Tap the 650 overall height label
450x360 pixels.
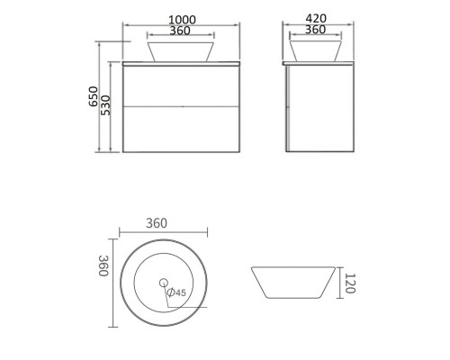pos(94,97)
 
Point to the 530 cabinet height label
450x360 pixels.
pos(105,107)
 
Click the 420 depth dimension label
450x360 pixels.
pos(314,17)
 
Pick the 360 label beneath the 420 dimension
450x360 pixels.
pos(314,30)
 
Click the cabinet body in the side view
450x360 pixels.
pos(314,108)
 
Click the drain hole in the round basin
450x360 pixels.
pos(164,283)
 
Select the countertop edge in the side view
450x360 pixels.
pos(314,64)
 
